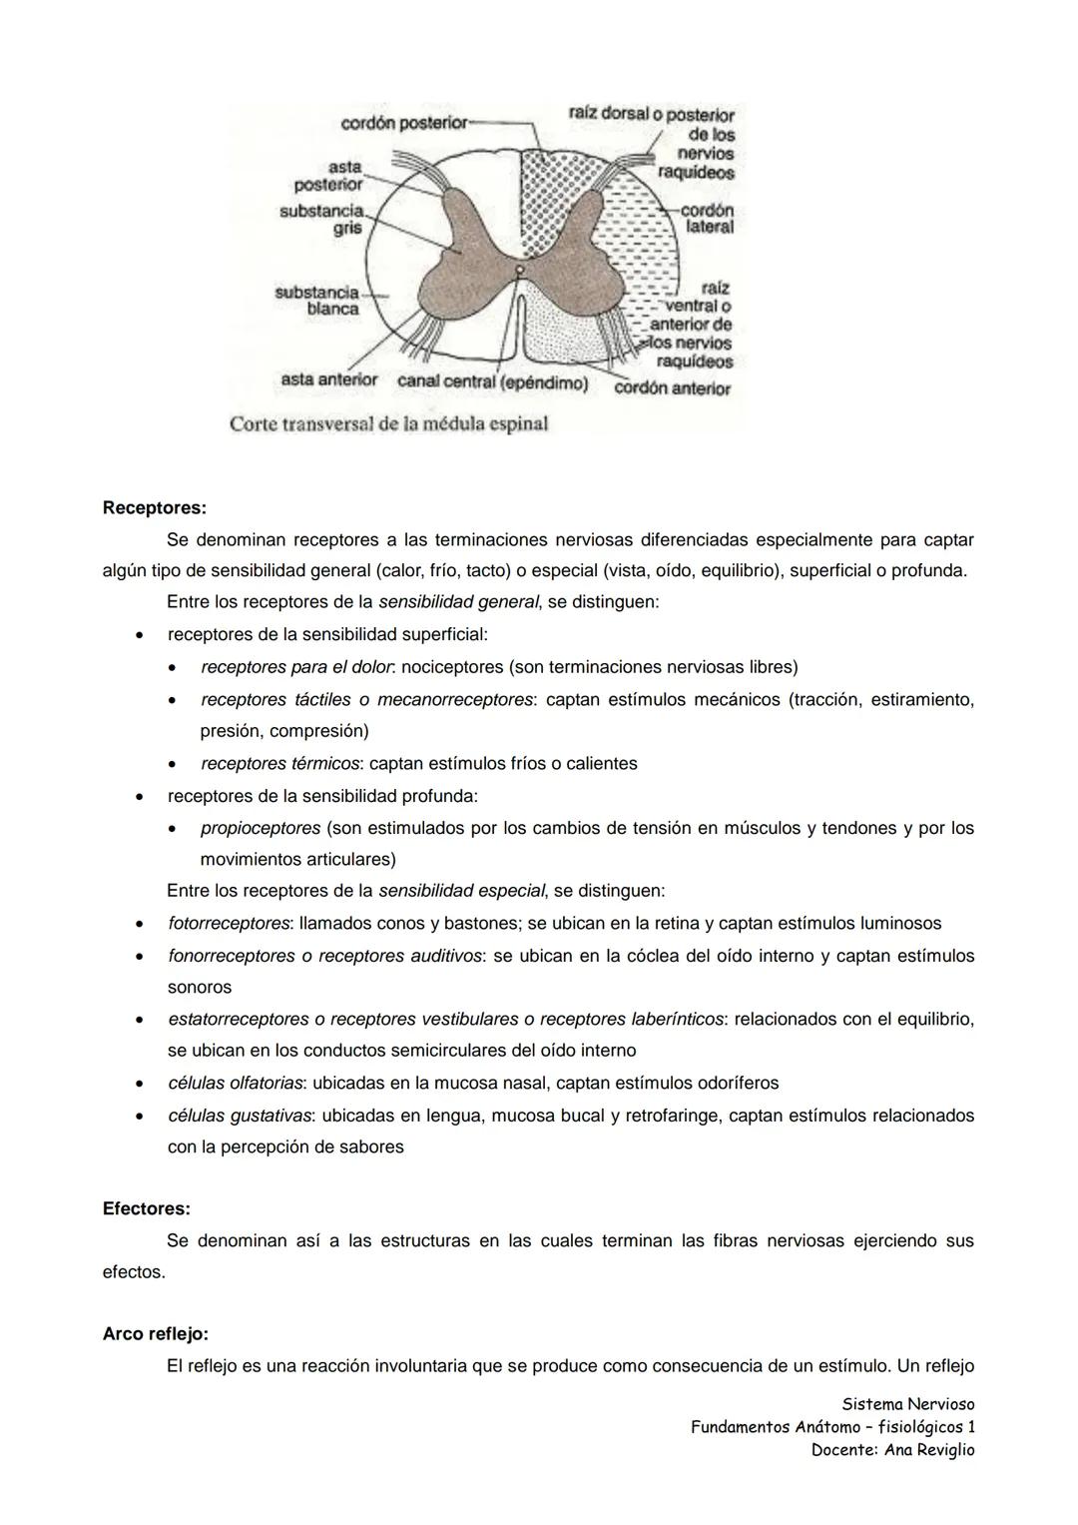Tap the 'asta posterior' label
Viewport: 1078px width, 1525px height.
click(x=329, y=176)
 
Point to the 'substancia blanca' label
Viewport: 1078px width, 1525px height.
click(x=317, y=301)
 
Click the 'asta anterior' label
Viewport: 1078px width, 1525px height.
click(x=328, y=381)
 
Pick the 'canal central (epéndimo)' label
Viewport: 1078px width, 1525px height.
click(x=492, y=382)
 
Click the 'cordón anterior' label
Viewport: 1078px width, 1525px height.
click(x=672, y=388)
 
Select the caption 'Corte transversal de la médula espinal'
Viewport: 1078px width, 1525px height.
click(x=388, y=423)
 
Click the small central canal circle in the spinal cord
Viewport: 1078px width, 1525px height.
click(x=519, y=270)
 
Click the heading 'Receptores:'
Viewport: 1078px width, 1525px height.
click(x=155, y=507)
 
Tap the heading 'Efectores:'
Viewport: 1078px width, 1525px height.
click(x=147, y=1208)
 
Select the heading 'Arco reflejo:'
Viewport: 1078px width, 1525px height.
click(x=156, y=1334)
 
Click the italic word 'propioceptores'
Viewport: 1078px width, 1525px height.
click(x=261, y=828)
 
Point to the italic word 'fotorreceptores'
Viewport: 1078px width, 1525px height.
click(x=229, y=924)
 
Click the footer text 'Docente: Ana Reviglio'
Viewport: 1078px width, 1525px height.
click(x=892, y=1450)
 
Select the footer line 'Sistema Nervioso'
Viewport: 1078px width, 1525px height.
click(x=907, y=1404)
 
